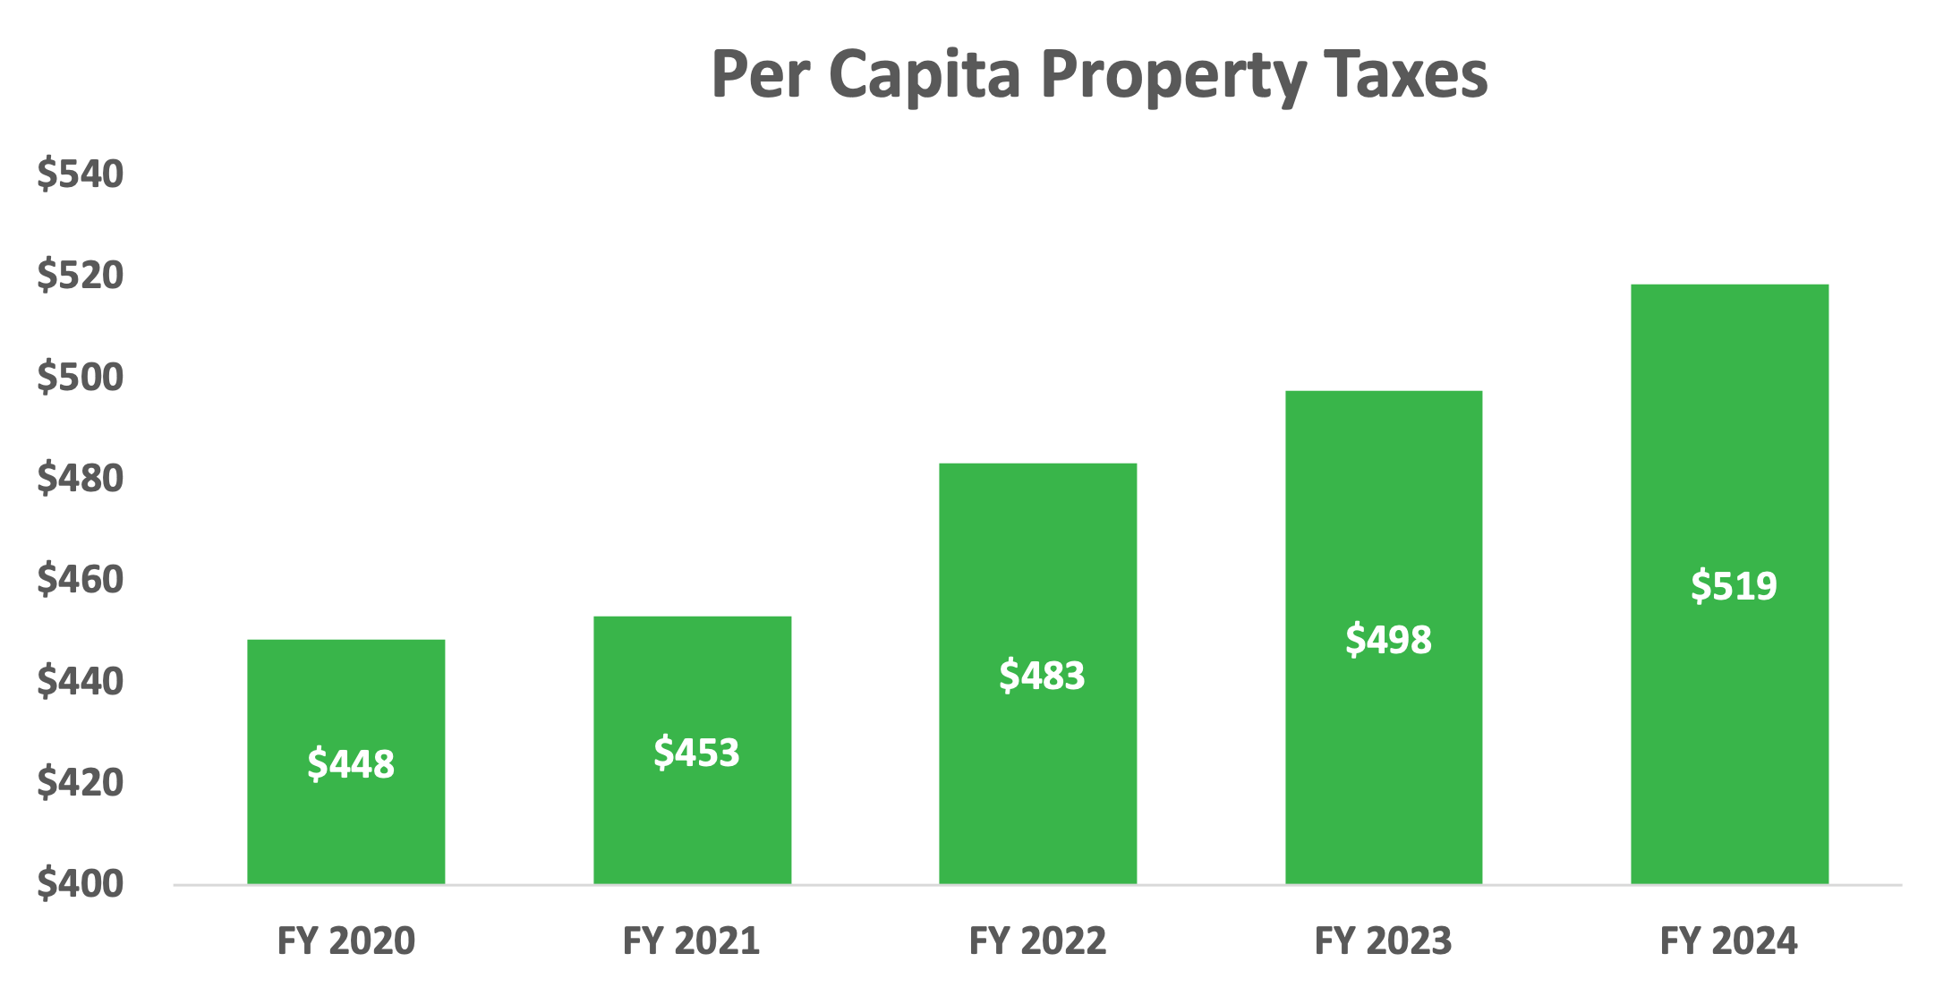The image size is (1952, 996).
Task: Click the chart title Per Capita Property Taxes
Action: (1099, 75)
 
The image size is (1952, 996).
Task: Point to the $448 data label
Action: (351, 764)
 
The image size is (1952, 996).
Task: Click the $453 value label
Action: (696, 753)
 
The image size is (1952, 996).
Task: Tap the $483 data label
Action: (1042, 676)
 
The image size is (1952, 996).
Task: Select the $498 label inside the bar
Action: (1388, 640)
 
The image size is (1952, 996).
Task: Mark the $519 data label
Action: (1734, 586)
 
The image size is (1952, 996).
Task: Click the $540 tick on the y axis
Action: (80, 174)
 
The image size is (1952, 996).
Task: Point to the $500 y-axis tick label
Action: (80, 377)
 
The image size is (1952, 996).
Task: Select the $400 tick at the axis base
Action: (80, 884)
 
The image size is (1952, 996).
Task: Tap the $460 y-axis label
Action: (80, 580)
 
